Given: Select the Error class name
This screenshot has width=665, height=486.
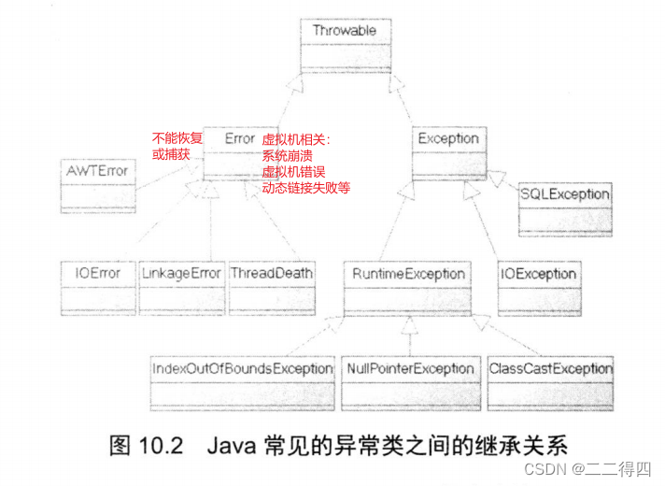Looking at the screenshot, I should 240,138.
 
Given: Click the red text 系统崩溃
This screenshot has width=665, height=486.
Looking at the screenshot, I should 288,154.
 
